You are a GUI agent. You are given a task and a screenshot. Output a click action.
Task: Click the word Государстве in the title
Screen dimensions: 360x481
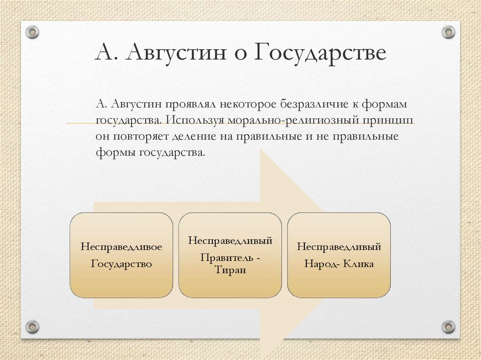coord(320,53)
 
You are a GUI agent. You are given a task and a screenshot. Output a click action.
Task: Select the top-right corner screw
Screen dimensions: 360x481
coord(449,32)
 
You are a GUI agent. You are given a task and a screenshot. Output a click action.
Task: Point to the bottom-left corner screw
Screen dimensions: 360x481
coord(32,326)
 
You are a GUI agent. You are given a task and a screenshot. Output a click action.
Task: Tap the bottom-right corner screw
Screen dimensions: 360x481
coord(449,326)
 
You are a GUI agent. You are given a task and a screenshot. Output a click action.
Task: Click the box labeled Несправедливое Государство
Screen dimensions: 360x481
coord(121,255)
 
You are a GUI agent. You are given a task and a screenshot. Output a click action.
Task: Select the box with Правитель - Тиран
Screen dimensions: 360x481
coord(230,255)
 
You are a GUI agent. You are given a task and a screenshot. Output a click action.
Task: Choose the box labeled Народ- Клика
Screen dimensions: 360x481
coord(339,255)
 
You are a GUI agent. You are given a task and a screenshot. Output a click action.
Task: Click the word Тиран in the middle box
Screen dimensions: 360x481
coord(230,269)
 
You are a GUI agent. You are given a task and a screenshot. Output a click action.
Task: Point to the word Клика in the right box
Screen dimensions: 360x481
coord(358,264)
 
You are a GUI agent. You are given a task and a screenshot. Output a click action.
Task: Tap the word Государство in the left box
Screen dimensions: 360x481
coord(121,264)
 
